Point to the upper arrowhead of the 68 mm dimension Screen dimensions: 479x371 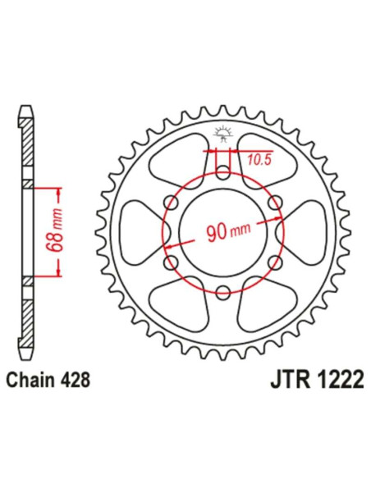pos(59,190)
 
